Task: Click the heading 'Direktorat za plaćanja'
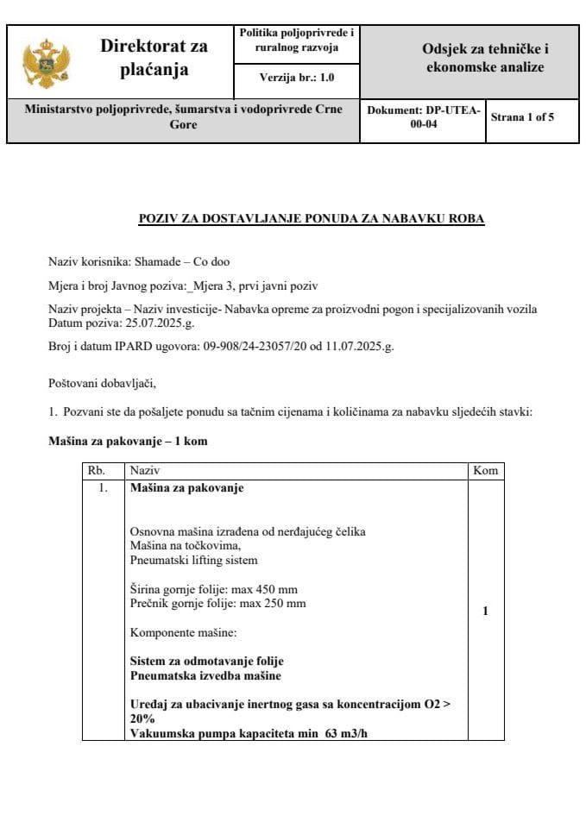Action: click(x=154, y=58)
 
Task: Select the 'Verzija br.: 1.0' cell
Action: click(x=296, y=78)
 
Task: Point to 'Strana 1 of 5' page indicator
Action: click(x=522, y=117)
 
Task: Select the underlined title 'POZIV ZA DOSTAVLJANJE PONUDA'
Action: click(x=312, y=219)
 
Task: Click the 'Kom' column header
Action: click(x=484, y=471)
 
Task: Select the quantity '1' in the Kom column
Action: click(x=485, y=611)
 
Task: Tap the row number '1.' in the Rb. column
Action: click(x=104, y=488)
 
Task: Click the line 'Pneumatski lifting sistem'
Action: click(x=193, y=560)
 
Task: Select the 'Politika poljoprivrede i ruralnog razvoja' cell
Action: click(x=296, y=40)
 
